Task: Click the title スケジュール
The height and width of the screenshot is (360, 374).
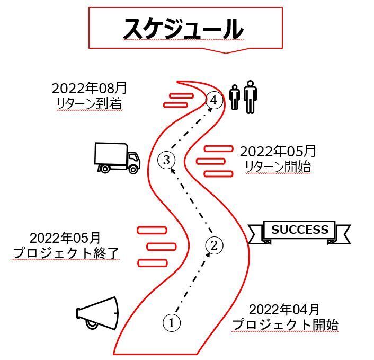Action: (x=183, y=29)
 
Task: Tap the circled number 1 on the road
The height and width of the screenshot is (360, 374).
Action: (x=172, y=323)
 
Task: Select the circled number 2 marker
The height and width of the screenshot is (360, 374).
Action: (x=214, y=245)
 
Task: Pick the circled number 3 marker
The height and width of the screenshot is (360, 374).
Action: (x=166, y=160)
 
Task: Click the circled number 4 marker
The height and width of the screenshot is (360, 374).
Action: (x=214, y=100)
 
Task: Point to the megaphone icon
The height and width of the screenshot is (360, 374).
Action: (x=97, y=313)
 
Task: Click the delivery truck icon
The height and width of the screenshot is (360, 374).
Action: (x=117, y=158)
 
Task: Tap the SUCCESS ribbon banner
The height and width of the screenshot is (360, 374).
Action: (x=299, y=232)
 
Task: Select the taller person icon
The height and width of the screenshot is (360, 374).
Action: (x=250, y=96)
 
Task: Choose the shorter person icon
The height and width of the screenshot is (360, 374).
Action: (x=235, y=98)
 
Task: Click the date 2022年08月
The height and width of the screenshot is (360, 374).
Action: (x=89, y=88)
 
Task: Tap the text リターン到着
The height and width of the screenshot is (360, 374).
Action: (x=90, y=103)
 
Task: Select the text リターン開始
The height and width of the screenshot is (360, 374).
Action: (x=278, y=166)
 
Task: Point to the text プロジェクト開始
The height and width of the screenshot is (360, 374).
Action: (x=285, y=324)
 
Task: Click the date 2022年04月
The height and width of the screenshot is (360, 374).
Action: (x=284, y=310)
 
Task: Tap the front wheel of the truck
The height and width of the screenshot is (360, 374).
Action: (x=133, y=169)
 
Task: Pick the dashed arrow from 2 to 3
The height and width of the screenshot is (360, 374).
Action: (x=192, y=200)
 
